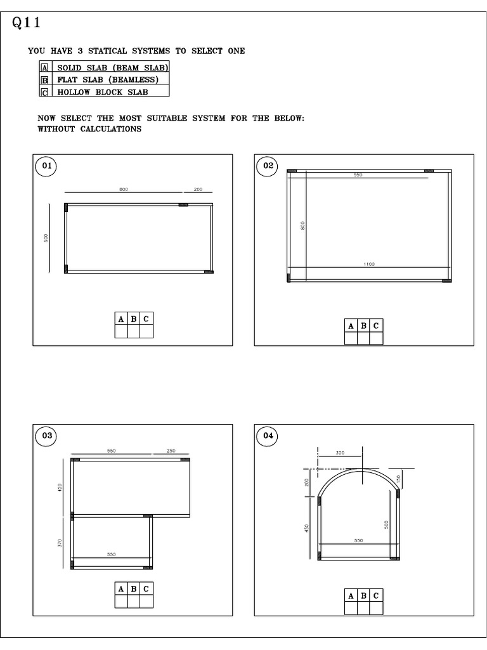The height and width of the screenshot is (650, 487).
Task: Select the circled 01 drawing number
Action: click(x=46, y=166)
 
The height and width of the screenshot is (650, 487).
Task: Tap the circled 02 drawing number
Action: click(x=268, y=166)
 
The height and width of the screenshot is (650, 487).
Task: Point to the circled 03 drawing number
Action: click(x=46, y=436)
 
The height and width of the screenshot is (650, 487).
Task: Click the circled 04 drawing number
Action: click(x=268, y=436)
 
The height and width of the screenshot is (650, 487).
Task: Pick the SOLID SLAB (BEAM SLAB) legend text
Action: click(x=113, y=67)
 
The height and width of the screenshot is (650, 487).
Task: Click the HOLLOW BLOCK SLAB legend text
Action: click(x=103, y=92)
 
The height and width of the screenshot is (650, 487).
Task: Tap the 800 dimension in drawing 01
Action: click(x=123, y=189)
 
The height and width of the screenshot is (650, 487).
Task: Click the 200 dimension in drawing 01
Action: click(x=198, y=189)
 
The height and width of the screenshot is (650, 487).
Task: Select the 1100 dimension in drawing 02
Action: click(x=369, y=264)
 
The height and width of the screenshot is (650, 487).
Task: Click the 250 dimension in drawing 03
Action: click(x=171, y=451)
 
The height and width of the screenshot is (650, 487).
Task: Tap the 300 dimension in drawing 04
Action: click(x=340, y=453)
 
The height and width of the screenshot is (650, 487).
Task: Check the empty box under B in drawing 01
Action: click(x=134, y=331)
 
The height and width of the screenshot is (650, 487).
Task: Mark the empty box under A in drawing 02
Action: click(x=351, y=338)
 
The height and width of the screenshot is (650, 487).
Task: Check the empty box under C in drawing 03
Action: click(x=146, y=600)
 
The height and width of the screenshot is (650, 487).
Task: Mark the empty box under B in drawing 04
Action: click(x=364, y=607)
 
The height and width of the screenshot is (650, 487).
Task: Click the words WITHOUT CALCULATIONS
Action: click(x=89, y=129)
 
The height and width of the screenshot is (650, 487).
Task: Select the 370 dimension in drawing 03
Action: click(x=60, y=543)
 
